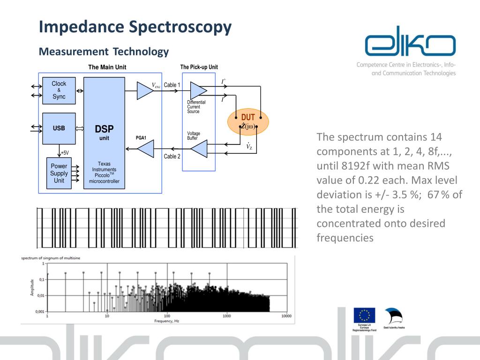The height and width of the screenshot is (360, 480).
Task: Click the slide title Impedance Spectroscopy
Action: pyautogui.click(x=135, y=27)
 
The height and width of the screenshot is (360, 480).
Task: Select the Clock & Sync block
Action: pyautogui.click(x=59, y=90)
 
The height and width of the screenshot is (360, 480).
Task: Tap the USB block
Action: pyautogui.click(x=59, y=128)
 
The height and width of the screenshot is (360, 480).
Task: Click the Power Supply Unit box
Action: pyautogui.click(x=59, y=173)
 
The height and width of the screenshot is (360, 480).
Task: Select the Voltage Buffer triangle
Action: pyautogui.click(x=199, y=150)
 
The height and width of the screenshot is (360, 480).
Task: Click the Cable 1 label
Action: pyautogui.click(x=172, y=85)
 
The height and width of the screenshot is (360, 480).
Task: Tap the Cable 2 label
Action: pyautogui.click(x=172, y=157)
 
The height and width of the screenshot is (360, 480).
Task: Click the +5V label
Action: pyautogui.click(x=65, y=153)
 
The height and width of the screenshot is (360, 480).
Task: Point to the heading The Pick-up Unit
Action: pyautogui.click(x=199, y=67)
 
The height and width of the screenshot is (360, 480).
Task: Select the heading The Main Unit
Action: pyautogui.click(x=107, y=67)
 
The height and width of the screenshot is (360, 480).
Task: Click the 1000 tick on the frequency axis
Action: pyautogui.click(x=227, y=316)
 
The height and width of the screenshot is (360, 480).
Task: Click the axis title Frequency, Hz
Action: pyautogui.click(x=167, y=321)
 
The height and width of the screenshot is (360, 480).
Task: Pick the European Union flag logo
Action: pyautogui.click(x=364, y=315)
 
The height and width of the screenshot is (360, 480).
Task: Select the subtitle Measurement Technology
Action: pyautogui.click(x=104, y=52)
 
